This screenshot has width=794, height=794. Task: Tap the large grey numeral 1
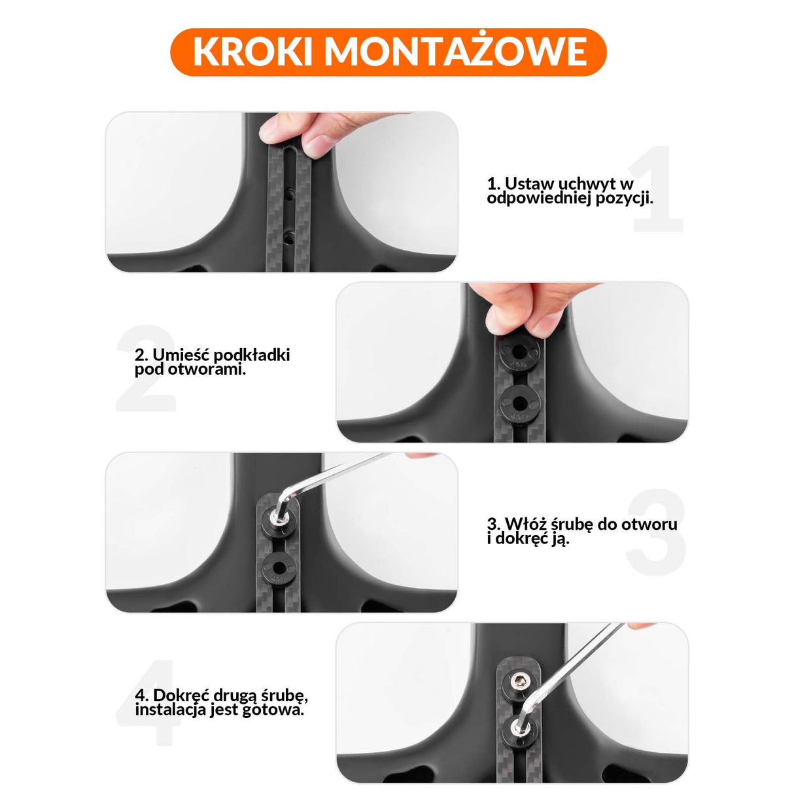pos(657,190)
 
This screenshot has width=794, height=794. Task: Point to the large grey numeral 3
pos(656,532)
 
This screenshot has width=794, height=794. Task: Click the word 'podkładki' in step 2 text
pos(252,355)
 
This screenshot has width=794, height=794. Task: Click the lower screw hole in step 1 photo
pos(288,237)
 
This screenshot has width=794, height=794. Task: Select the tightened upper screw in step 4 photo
pos(517,684)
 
